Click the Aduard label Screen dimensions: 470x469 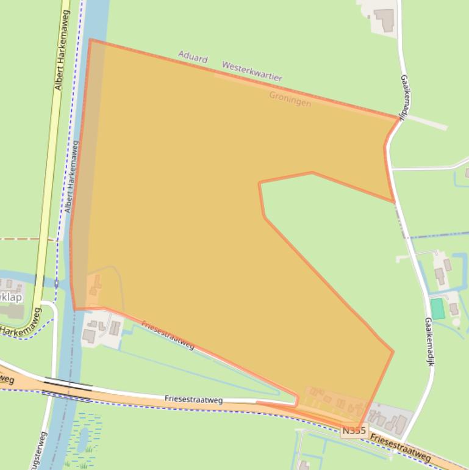[193, 57]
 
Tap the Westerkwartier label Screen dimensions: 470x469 [252, 71]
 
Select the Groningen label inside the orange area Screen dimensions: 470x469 [290, 99]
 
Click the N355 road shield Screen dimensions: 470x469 [354, 431]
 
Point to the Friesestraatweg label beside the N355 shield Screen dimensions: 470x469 [401, 448]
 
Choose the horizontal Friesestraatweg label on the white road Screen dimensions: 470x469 [193, 399]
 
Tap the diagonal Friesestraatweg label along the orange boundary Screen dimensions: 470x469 [168, 335]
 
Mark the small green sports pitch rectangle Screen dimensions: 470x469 [437, 308]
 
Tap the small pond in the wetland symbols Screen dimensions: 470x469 [83, 435]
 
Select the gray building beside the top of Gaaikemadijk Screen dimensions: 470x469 [384, 20]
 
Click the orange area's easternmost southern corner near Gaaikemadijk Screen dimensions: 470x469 [393, 351]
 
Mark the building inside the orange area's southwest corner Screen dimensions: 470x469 [95, 285]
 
